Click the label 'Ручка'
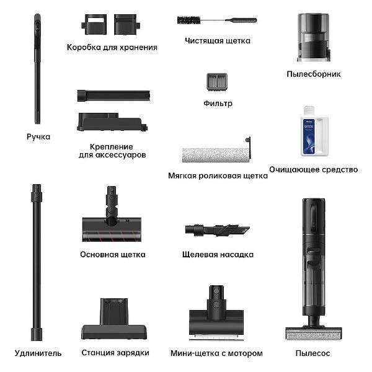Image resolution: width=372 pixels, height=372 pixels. [x=38, y=137]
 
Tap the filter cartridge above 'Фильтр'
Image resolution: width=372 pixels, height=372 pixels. [x=217, y=82]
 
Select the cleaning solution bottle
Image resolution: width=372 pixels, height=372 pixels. [x=314, y=131]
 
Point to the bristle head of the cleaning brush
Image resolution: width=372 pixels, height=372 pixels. [x=188, y=20]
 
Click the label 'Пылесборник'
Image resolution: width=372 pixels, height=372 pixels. [x=313, y=74]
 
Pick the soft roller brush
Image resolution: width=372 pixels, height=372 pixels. [x=216, y=152]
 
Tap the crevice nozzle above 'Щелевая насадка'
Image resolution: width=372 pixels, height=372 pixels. [x=218, y=230]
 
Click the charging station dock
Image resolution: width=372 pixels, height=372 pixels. [x=114, y=319]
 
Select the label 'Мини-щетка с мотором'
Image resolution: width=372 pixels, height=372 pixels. [x=216, y=353]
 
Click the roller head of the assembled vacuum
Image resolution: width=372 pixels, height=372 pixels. [x=313, y=333]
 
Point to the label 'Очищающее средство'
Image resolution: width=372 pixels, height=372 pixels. [x=313, y=170]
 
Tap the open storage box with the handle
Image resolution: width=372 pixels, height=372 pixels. [x=94, y=24]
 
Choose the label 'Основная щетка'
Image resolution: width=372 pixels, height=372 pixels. [x=113, y=255]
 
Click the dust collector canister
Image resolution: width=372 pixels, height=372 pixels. [x=314, y=37]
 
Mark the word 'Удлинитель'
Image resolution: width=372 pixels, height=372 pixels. [x=38, y=353]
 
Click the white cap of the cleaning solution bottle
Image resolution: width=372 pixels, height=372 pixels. [x=309, y=110]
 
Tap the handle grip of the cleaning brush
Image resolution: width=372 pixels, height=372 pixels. [x=241, y=20]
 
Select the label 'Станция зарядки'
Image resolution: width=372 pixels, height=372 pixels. [x=115, y=353]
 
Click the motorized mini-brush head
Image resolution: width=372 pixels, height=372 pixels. [x=216, y=313]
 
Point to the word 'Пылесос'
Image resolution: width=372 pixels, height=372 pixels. [x=312, y=353]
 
